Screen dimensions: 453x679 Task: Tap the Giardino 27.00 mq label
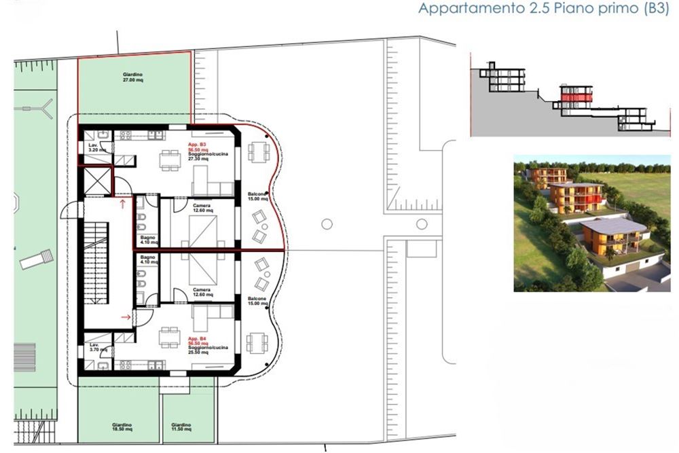133,77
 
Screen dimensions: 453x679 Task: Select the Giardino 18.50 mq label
123,427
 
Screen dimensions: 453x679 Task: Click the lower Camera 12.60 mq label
202,293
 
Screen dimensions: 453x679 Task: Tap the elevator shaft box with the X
96,180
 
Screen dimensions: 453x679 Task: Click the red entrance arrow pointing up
122,202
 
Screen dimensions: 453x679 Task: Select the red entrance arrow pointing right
125,316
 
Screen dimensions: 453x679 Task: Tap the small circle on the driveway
327,223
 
